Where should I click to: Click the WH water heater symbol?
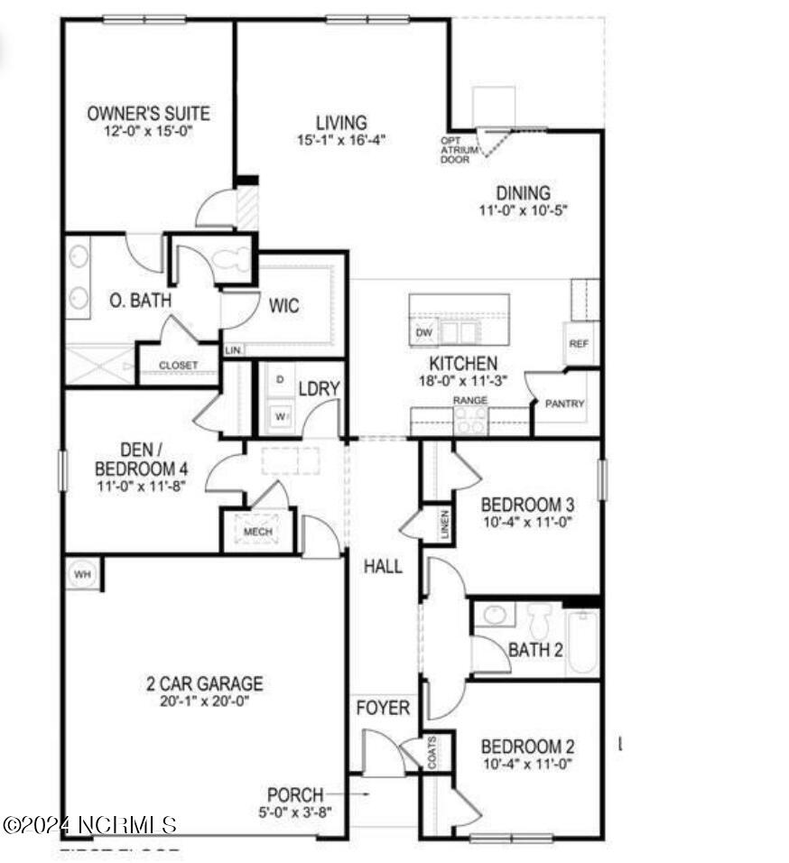(83, 574)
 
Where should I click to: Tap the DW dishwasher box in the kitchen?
(423, 333)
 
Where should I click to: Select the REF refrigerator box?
(579, 344)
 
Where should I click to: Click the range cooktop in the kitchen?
(470, 420)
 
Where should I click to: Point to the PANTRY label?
(564, 404)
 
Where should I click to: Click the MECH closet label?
(258, 532)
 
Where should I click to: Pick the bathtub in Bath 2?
(582, 641)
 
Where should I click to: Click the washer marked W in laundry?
(279, 416)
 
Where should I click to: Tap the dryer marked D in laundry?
(279, 380)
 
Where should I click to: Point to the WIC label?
(283, 307)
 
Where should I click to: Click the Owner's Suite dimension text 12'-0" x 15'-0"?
(148, 131)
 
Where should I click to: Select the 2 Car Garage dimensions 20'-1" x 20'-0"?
(206, 701)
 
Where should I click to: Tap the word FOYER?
(382, 708)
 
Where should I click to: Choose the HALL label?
(383, 567)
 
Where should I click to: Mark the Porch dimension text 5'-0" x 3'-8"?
(294, 812)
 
